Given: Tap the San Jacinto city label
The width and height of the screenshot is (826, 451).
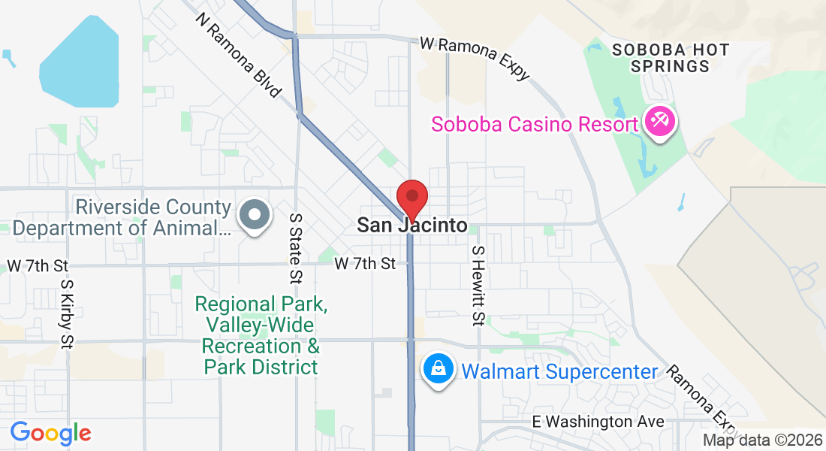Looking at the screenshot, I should pyautogui.click(x=411, y=225).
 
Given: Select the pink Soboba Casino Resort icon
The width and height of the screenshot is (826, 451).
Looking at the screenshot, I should pyautogui.click(x=662, y=123).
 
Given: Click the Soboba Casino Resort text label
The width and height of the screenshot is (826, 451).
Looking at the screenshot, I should pyautogui.click(x=534, y=124).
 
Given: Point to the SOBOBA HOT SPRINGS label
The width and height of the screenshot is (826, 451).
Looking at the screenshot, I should pyautogui.click(x=671, y=58).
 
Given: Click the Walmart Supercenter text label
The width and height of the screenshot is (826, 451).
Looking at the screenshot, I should pyautogui.click(x=559, y=371).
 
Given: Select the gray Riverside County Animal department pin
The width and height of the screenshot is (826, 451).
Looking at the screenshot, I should pyautogui.click(x=254, y=215).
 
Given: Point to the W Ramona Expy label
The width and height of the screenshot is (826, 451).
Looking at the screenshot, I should pyautogui.click(x=475, y=57).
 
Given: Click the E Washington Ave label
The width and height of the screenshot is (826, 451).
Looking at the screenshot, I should pyautogui.click(x=598, y=422).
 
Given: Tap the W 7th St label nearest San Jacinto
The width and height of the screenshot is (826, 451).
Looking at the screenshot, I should pyautogui.click(x=365, y=264).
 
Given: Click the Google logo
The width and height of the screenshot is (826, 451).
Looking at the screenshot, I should pyautogui.click(x=51, y=433).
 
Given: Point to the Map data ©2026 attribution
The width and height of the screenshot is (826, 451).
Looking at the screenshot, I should pyautogui.click(x=763, y=440).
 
